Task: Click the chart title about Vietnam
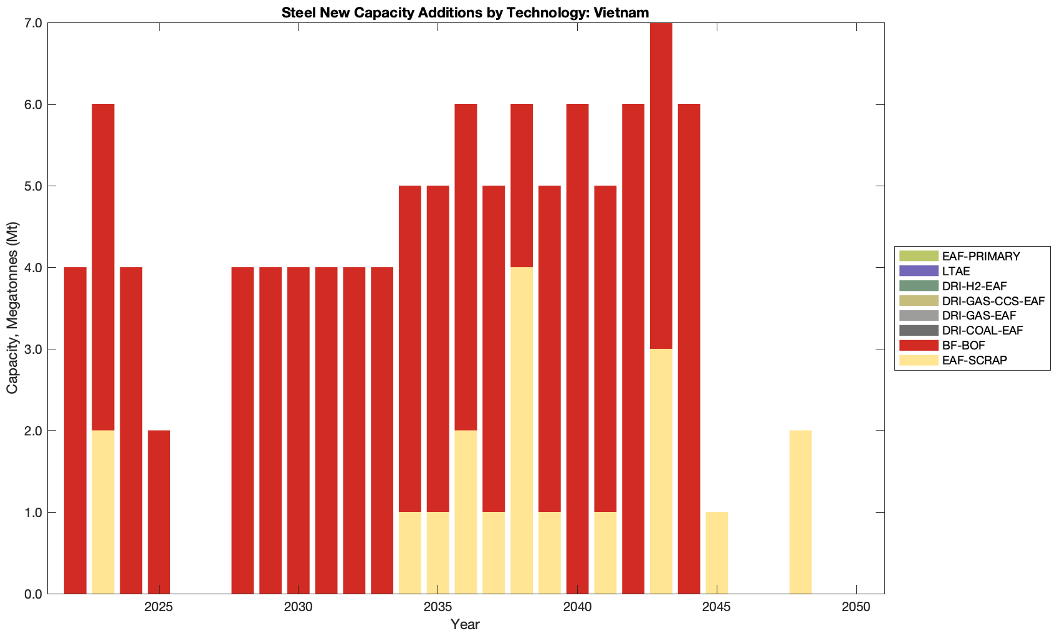pyautogui.click(x=466, y=12)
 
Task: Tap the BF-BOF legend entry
pyautogui.click(x=963, y=345)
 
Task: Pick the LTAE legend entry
pyautogui.click(x=956, y=271)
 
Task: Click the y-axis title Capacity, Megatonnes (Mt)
pyautogui.click(x=12, y=308)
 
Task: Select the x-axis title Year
pyautogui.click(x=465, y=624)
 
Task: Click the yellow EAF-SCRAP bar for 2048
pyautogui.click(x=800, y=512)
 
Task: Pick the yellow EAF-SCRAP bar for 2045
pyautogui.click(x=717, y=553)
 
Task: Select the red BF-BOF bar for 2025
pyautogui.click(x=159, y=512)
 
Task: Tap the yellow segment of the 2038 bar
pyautogui.click(x=522, y=430)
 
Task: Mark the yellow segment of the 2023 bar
pyautogui.click(x=103, y=512)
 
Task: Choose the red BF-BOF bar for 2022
pyautogui.click(x=75, y=430)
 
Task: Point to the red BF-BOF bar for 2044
pyautogui.click(x=689, y=349)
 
